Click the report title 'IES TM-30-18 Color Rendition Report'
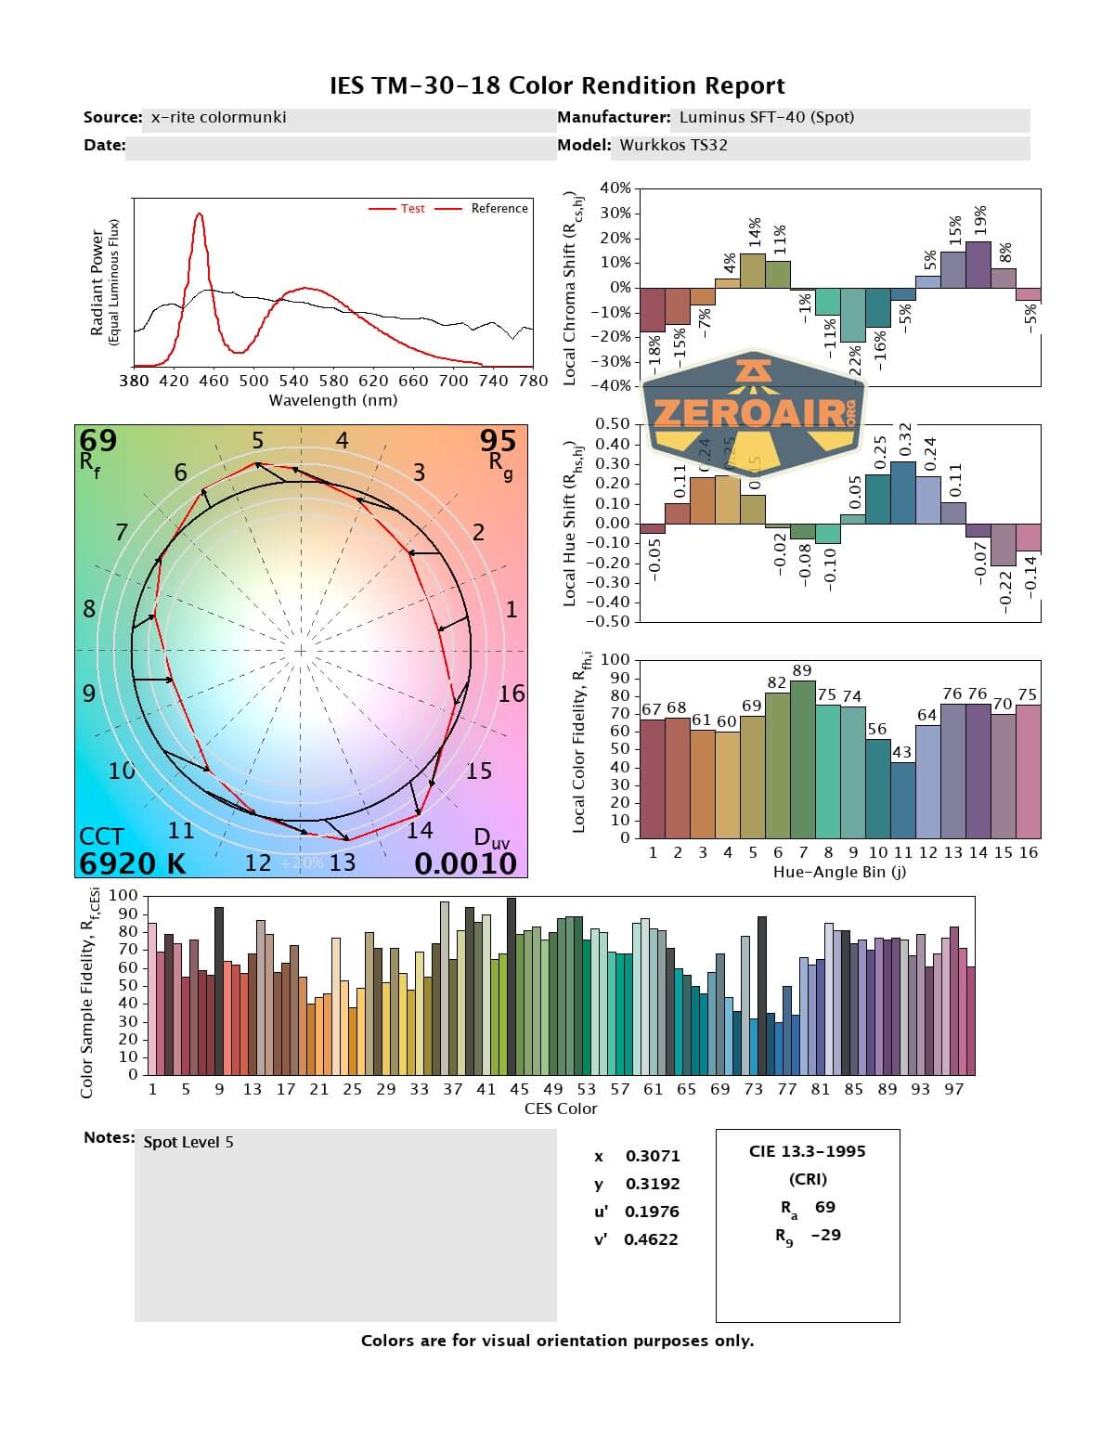(x=557, y=86)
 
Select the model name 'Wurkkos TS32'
(x=673, y=145)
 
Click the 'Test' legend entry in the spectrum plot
(x=412, y=209)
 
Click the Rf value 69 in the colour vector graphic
(x=98, y=440)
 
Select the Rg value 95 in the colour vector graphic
(x=498, y=440)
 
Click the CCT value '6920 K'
(x=132, y=863)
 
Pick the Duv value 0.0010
(x=465, y=863)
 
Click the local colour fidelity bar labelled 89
(x=802, y=758)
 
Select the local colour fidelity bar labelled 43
(x=902, y=800)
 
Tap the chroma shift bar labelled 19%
(x=978, y=265)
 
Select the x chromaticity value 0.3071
(x=652, y=1156)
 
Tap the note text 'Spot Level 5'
(x=188, y=1142)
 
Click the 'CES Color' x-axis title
(x=561, y=1108)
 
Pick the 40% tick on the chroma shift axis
(x=615, y=188)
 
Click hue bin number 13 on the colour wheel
(x=343, y=862)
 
